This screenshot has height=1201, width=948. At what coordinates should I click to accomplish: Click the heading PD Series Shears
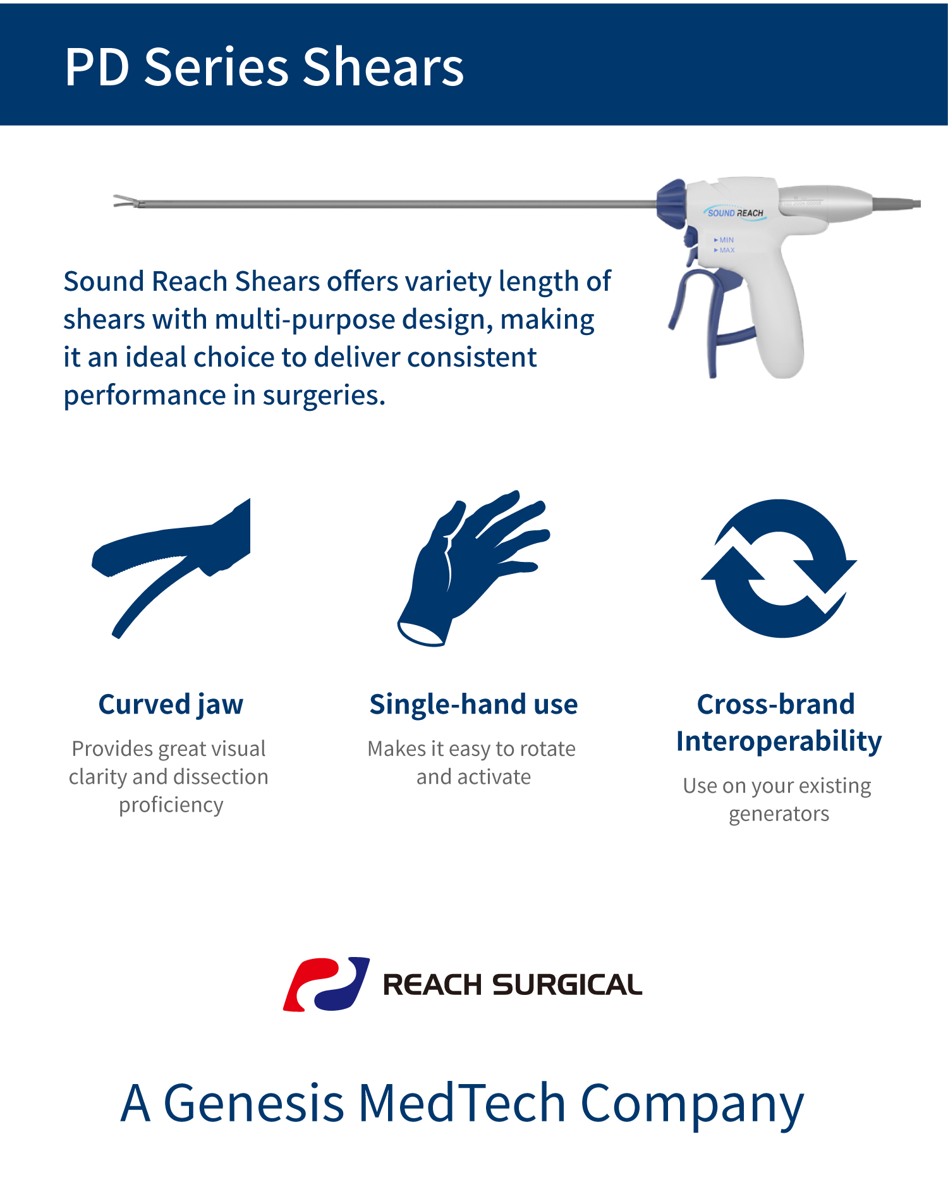(264, 67)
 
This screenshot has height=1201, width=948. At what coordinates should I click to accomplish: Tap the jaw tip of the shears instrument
(115, 201)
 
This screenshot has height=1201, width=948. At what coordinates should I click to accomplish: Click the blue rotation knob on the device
(671, 204)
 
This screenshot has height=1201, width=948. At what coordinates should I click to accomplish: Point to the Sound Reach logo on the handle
(735, 213)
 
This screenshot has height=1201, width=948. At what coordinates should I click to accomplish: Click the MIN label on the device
(724, 240)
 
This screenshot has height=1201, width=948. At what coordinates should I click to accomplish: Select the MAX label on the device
(725, 250)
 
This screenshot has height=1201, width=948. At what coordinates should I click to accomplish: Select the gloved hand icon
(473, 568)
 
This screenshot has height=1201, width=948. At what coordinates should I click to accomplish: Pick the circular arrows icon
(779, 568)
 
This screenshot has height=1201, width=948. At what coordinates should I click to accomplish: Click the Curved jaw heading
(171, 704)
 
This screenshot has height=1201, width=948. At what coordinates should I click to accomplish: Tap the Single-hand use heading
(473, 704)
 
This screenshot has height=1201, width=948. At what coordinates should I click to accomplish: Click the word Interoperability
(779, 741)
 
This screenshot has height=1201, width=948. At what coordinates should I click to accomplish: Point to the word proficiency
(171, 805)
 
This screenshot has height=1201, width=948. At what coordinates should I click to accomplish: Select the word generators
(779, 814)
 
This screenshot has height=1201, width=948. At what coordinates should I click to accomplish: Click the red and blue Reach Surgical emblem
(326, 984)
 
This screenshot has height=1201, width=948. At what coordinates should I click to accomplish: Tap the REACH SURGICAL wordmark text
(513, 985)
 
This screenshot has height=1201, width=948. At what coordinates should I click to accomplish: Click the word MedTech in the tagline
(462, 1103)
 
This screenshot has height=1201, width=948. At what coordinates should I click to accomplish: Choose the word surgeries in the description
(324, 396)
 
